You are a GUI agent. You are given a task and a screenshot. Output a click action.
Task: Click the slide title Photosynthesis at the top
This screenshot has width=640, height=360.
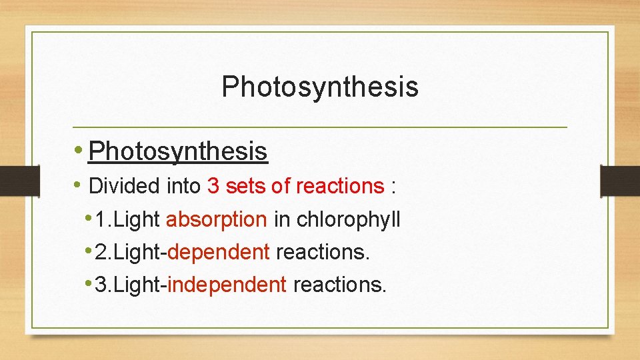(x=320, y=87)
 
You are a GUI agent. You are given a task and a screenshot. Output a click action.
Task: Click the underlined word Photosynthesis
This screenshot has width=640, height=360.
(x=178, y=151)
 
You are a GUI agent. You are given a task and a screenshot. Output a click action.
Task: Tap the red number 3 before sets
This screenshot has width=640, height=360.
(x=213, y=186)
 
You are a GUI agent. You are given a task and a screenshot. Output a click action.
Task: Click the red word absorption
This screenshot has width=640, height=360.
(x=216, y=219)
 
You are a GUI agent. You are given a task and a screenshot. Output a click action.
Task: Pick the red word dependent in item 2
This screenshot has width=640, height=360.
(x=219, y=252)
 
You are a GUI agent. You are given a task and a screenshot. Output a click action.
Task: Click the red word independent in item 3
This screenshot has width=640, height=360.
(x=227, y=285)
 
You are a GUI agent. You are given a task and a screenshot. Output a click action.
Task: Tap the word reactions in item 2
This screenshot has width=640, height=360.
(x=322, y=252)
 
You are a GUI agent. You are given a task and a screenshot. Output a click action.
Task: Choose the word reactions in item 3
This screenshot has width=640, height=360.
(x=339, y=285)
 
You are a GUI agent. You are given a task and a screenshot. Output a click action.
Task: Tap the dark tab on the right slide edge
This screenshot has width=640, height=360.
(x=619, y=181)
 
